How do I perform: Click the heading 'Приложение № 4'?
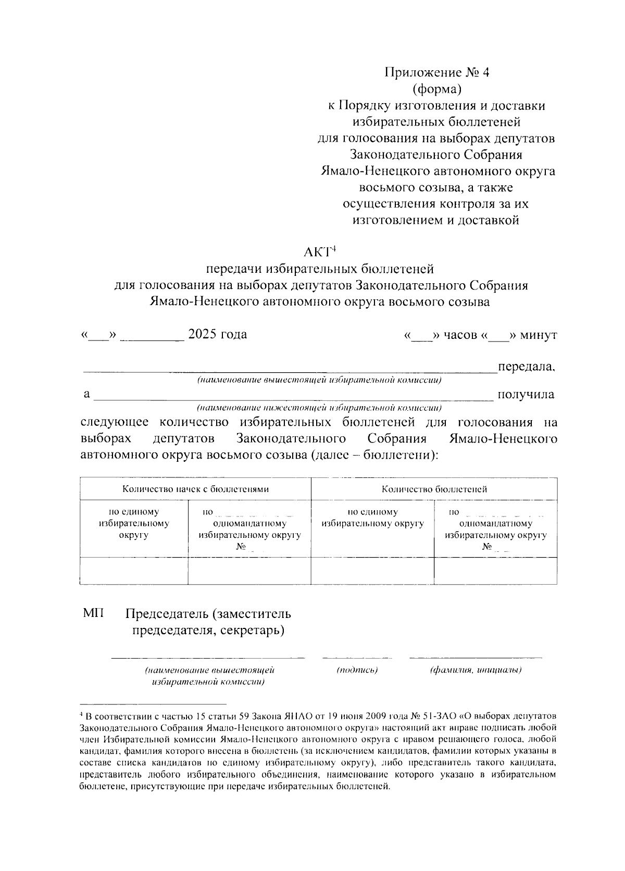436,72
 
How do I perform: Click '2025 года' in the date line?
217,334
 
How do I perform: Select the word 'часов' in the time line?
460,335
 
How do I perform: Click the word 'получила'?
526,395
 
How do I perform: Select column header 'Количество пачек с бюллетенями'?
195,489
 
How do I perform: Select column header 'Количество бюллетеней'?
434,489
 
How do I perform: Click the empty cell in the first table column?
134,571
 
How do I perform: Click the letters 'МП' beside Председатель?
93,614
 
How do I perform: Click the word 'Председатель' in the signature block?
167,614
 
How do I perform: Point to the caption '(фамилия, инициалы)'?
476,670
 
